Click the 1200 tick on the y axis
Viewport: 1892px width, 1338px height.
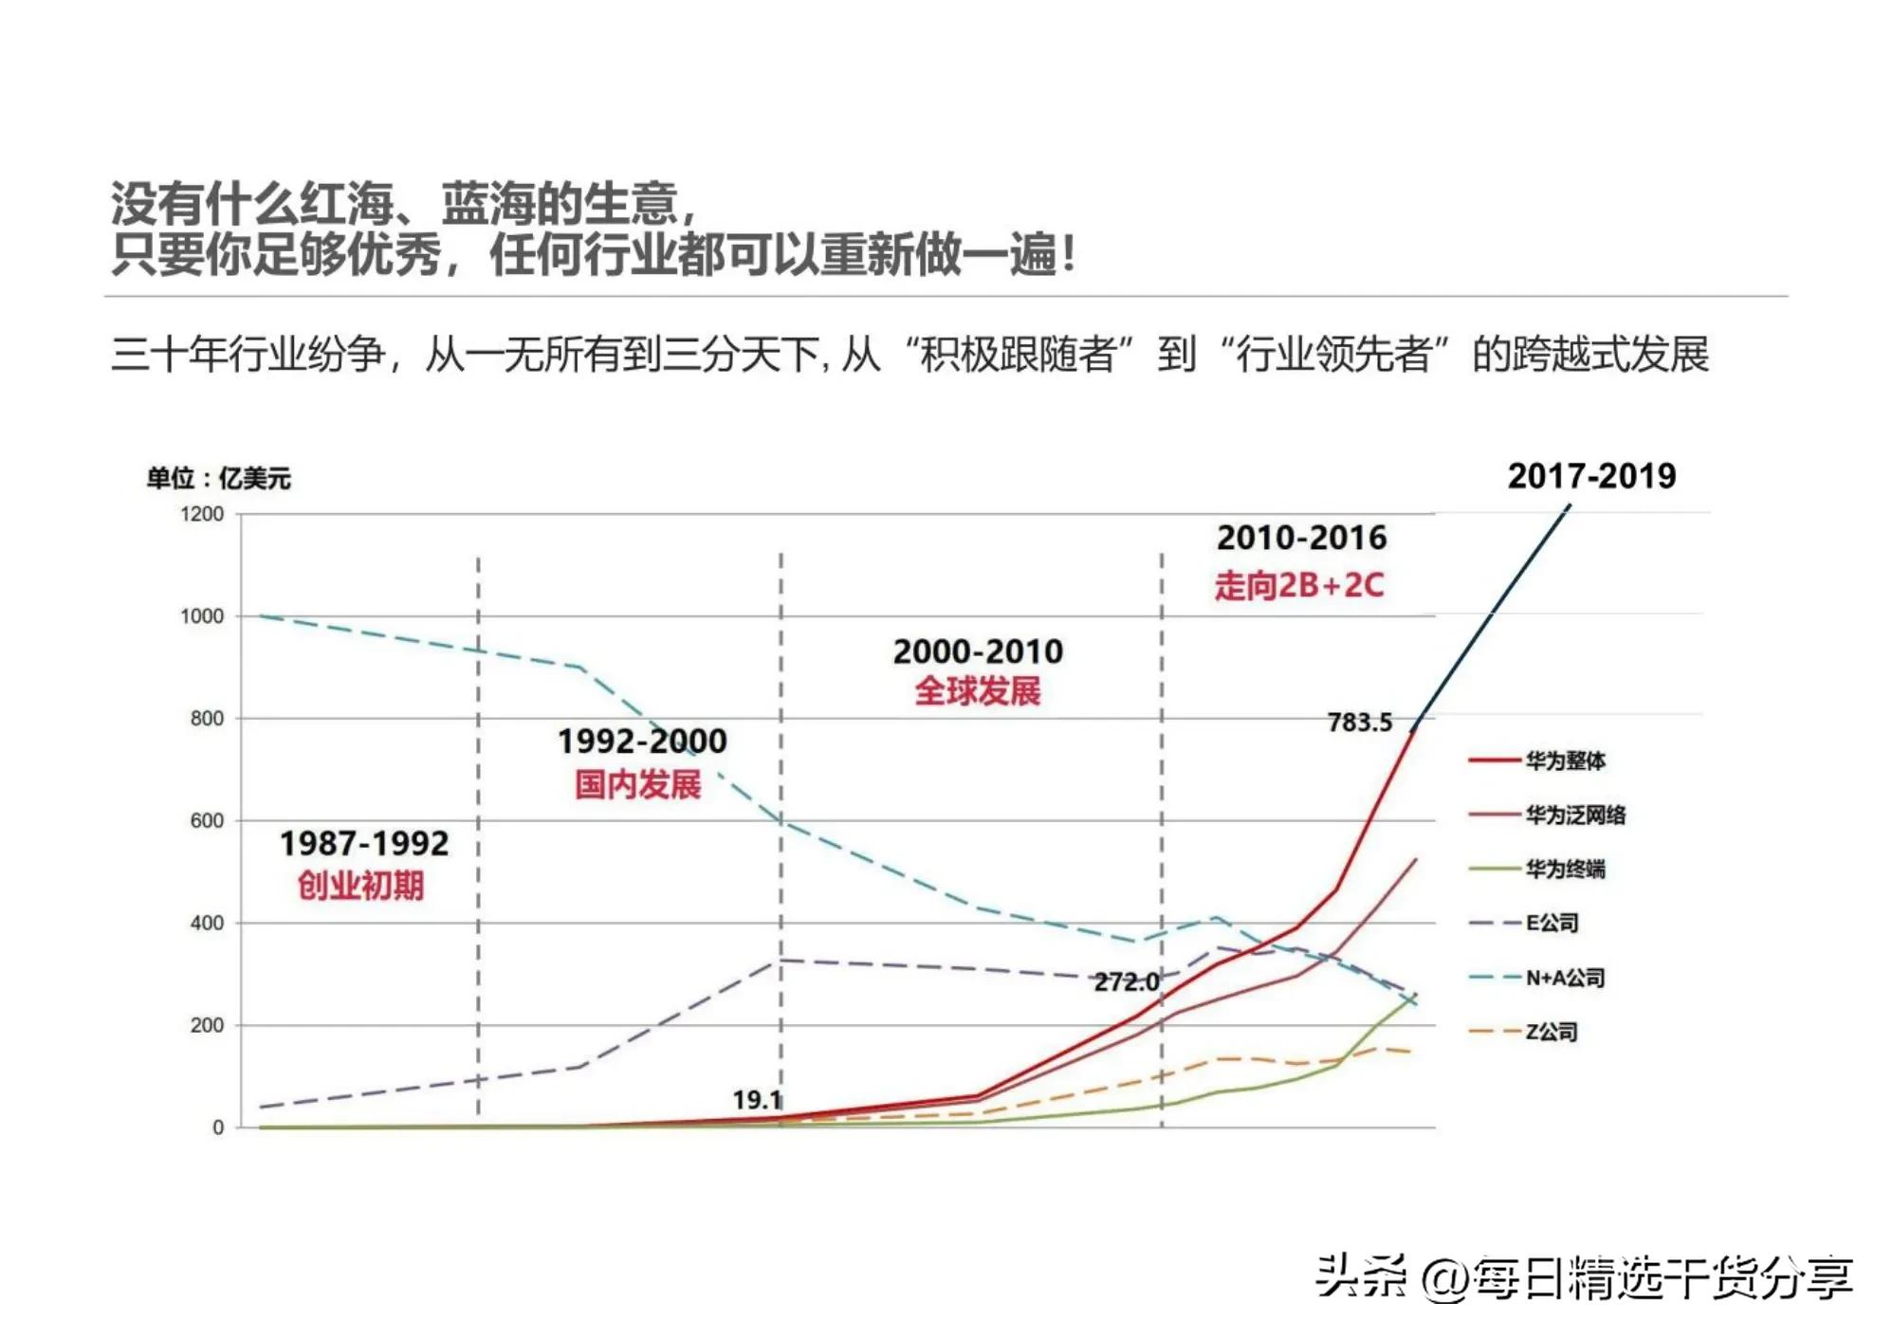202,514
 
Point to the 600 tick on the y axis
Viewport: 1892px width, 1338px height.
207,821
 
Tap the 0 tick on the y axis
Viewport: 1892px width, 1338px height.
218,1127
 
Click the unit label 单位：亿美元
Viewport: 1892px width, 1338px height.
218,478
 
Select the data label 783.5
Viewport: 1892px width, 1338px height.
1359,723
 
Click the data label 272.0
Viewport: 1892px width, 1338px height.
1126,981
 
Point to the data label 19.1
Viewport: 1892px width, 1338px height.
757,1100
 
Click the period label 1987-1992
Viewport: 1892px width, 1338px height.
363,843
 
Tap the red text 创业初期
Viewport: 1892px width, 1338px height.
360,886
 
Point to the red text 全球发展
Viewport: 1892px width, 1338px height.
977,691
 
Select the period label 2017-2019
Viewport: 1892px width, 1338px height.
1591,476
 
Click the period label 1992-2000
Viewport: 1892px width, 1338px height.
642,741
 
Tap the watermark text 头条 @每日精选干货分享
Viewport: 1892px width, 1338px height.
1583,1277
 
